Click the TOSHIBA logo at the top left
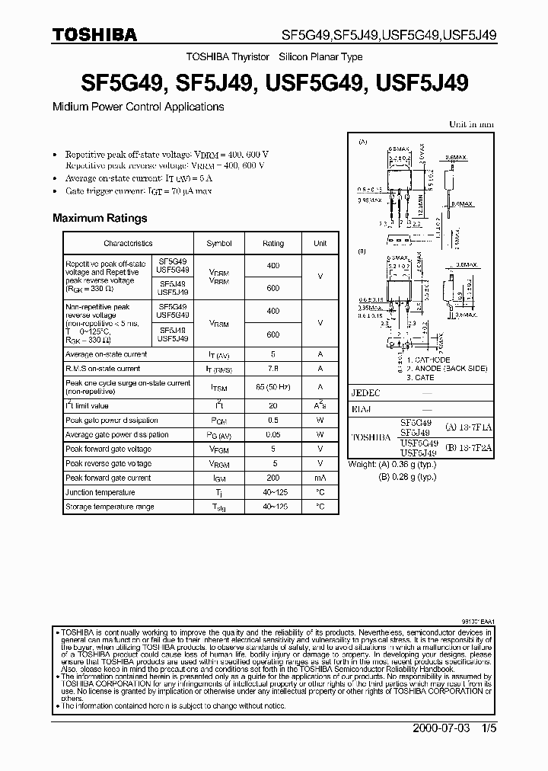[x=94, y=34]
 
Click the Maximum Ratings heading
[x=100, y=218]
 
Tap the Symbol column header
[x=219, y=243]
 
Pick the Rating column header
[x=273, y=243]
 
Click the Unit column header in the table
[x=320, y=243]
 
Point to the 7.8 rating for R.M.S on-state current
[x=273, y=369]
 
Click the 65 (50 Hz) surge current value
[x=273, y=387]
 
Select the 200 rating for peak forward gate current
[x=273, y=478]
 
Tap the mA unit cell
[x=320, y=478]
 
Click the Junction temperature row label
[x=100, y=492]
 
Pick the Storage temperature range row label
[x=110, y=507]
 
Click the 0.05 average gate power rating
[x=273, y=434]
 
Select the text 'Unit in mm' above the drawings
[x=471, y=123]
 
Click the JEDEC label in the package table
[x=365, y=393]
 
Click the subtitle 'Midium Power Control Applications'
[x=138, y=107]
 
